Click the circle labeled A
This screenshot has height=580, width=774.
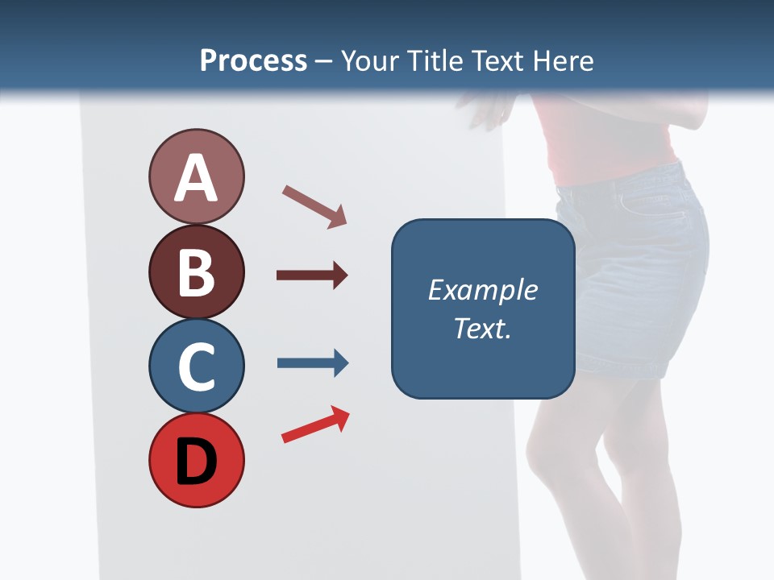(196, 176)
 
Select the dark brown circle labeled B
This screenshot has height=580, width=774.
(196, 271)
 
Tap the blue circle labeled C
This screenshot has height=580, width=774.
(196, 366)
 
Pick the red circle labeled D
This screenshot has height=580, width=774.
(196, 461)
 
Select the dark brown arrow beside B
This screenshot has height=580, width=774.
(312, 275)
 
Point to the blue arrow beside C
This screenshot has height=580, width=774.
(312, 363)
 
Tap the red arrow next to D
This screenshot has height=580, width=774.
(315, 425)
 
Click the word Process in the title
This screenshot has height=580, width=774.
(253, 60)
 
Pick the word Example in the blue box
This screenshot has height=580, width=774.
(482, 290)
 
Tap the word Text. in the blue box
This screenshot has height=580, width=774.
(482, 328)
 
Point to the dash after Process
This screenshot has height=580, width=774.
(324, 61)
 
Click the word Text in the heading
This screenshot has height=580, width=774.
(501, 60)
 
